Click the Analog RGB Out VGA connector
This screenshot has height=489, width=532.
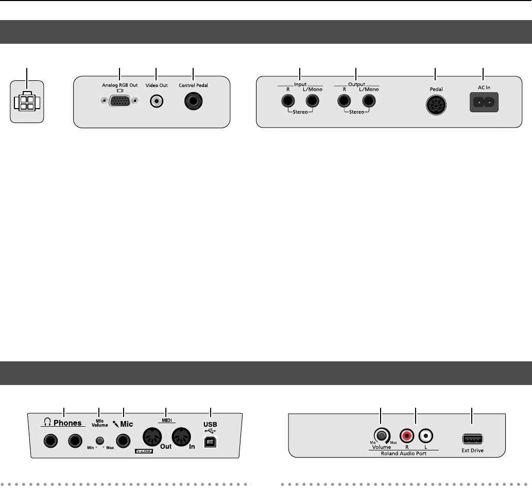pyautogui.click(x=119, y=101)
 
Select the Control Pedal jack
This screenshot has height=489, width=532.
pyautogui.click(x=193, y=101)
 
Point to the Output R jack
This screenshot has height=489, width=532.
pyautogui.click(x=344, y=100)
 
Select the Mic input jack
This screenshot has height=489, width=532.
pyautogui.click(x=123, y=441)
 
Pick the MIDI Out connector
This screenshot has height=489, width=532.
pyautogui.click(x=151, y=438)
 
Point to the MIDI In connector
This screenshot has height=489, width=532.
pyautogui.click(x=180, y=438)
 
